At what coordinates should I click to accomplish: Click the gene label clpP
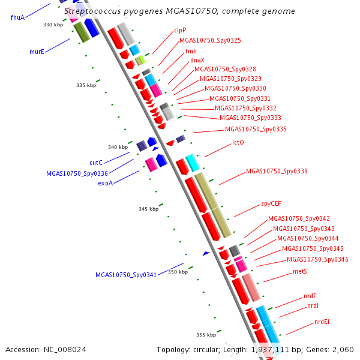[180, 29]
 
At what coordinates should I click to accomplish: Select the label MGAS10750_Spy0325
[210, 40]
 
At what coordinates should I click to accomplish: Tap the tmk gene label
[191, 51]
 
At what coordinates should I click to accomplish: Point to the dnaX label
[197, 60]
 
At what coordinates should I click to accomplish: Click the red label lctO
[238, 143]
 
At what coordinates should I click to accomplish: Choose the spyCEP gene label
[271, 204]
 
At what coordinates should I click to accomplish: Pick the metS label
[300, 272]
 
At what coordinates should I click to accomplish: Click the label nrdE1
[322, 322]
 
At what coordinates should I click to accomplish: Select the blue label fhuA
[17, 17]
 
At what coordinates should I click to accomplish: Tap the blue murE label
[37, 52]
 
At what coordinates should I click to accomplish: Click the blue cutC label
[96, 163]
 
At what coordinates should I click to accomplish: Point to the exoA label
[105, 184]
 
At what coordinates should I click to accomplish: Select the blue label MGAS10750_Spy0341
[126, 275]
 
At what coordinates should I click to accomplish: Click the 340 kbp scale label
[118, 147]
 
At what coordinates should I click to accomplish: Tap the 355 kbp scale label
[206, 334]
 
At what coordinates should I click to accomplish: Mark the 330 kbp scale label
[53, 25]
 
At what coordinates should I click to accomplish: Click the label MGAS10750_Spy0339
[277, 172]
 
